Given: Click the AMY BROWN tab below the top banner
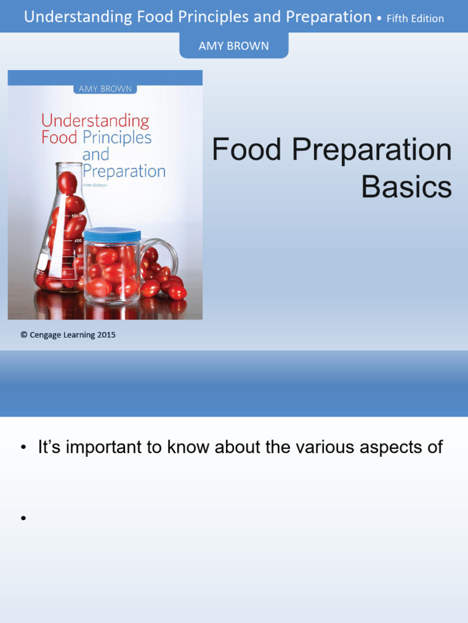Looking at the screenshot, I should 233,46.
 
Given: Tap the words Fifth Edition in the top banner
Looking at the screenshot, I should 415,18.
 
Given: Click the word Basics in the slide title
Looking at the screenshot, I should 406,187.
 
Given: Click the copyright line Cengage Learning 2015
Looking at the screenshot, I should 68,335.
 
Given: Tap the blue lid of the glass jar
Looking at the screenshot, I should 112,235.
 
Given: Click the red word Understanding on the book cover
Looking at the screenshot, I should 95,120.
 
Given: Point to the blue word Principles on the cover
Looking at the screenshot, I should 117,137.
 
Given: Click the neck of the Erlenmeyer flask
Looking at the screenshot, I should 69,183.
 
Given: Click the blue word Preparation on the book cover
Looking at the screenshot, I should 124,172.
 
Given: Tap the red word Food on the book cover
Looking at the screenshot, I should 59,137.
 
